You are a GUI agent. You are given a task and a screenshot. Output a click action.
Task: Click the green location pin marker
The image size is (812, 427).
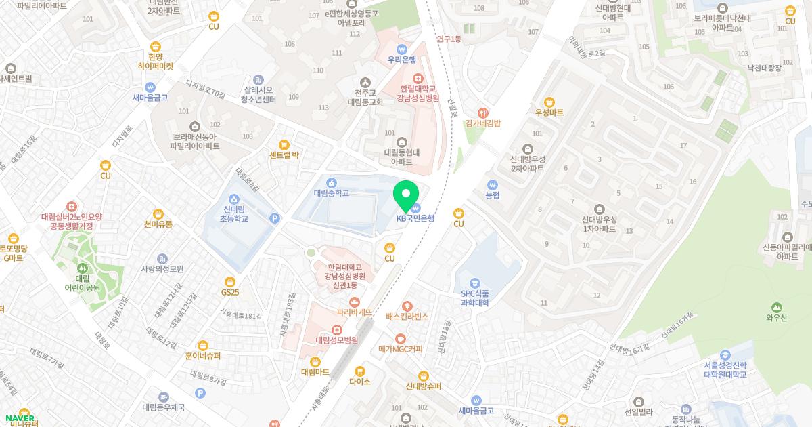(407, 194)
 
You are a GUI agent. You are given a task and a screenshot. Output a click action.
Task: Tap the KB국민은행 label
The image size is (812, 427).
(415, 218)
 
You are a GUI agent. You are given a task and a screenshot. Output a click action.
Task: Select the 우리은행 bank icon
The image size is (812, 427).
(401, 49)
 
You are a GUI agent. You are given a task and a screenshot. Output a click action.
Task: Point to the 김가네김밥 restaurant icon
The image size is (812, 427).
(482, 113)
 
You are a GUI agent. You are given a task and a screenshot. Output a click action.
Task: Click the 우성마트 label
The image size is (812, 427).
(549, 113)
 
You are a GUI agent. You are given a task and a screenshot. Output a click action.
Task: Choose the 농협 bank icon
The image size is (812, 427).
(493, 184)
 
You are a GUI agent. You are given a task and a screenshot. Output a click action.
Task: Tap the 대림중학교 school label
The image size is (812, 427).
(332, 193)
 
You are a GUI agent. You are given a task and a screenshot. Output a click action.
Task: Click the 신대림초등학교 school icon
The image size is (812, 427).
(234, 199)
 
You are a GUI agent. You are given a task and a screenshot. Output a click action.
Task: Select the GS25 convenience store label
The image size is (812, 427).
(230, 293)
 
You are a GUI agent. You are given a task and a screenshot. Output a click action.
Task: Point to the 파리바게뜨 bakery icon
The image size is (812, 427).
(355, 302)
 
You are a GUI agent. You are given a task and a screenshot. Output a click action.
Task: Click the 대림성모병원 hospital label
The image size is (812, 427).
(336, 340)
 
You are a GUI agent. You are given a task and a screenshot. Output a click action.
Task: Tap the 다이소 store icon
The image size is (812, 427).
(360, 371)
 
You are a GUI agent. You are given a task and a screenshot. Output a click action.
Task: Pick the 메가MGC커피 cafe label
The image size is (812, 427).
(401, 350)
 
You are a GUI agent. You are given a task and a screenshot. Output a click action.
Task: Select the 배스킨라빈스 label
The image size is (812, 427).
(407, 317)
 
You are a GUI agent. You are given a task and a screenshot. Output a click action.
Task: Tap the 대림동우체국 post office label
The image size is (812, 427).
(164, 407)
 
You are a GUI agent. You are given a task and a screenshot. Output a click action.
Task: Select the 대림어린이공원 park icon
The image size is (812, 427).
(83, 269)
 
